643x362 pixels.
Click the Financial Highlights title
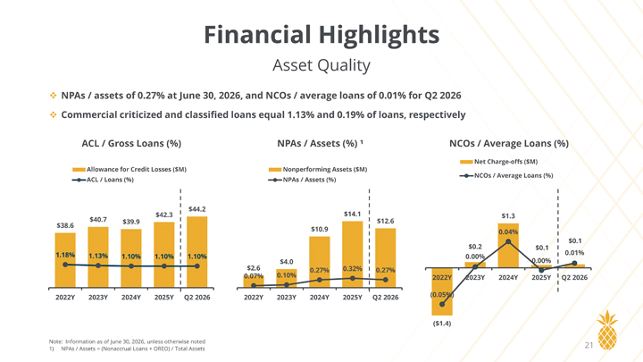pyautogui.click(x=321, y=35)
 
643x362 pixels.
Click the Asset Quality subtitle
pyautogui.click(x=321, y=65)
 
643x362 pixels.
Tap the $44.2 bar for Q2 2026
pyautogui.click(x=196, y=251)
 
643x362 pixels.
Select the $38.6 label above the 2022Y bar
pyautogui.click(x=65, y=225)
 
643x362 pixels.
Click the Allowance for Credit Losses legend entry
pyautogui.click(x=129, y=169)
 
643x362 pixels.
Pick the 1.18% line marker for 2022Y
pyautogui.click(x=65, y=265)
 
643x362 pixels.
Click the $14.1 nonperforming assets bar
pyautogui.click(x=352, y=254)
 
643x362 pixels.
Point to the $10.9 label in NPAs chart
pyautogui.click(x=320, y=229)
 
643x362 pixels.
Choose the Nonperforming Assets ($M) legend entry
pyautogui.click(x=318, y=169)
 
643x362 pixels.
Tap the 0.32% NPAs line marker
pyautogui.click(x=352, y=278)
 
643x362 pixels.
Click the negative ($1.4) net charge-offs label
pyautogui.click(x=442, y=324)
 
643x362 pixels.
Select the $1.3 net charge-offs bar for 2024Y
pyautogui.click(x=508, y=246)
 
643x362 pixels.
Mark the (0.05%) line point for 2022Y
pyautogui.click(x=442, y=304)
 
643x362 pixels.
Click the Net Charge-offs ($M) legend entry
pyautogui.click(x=498, y=162)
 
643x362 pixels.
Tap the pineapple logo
pyautogui.click(x=607, y=330)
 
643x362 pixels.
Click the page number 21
pyautogui.click(x=589, y=345)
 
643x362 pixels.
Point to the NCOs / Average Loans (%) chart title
pyautogui.click(x=509, y=143)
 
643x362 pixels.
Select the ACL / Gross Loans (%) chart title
pyautogui.click(x=131, y=143)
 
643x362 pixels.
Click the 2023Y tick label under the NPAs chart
pyautogui.click(x=287, y=297)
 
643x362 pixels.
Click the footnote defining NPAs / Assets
pyautogui.click(x=127, y=349)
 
